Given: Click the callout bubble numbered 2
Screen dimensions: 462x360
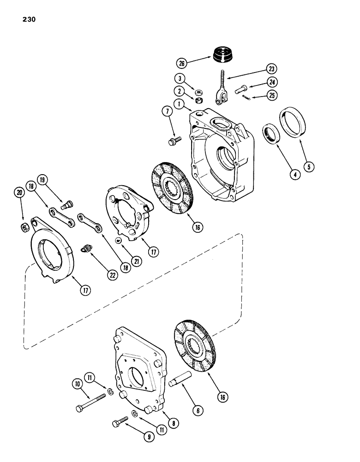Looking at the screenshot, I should pos(178,91).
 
